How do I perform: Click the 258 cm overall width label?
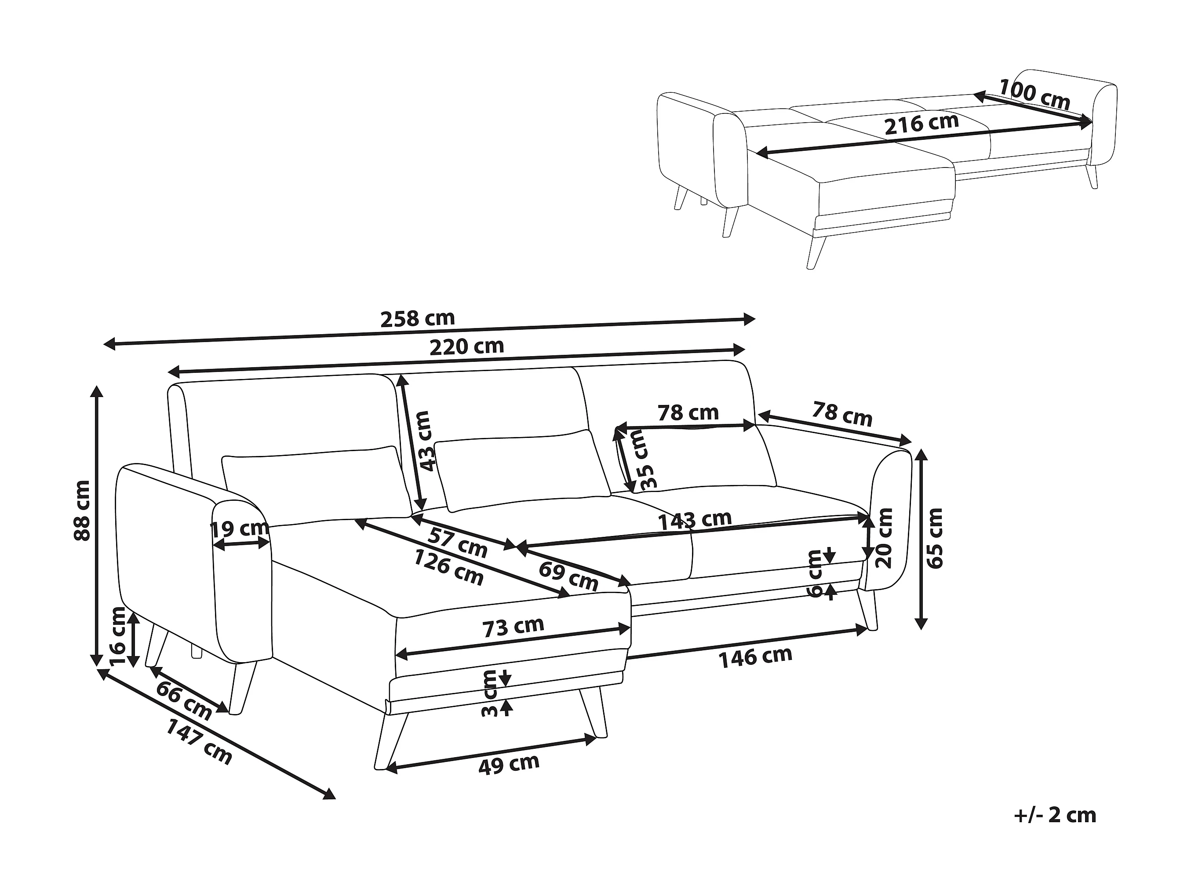[417, 319]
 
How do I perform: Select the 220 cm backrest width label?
[466, 346]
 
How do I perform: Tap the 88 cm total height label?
[82, 510]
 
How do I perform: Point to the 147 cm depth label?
[199, 742]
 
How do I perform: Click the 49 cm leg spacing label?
[508, 764]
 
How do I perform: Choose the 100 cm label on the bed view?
[1034, 94]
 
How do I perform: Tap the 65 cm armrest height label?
[935, 538]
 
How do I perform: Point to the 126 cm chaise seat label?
[448, 567]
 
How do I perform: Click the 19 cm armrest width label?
[239, 529]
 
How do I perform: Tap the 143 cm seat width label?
[695, 520]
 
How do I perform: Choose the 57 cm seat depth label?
[458, 543]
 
